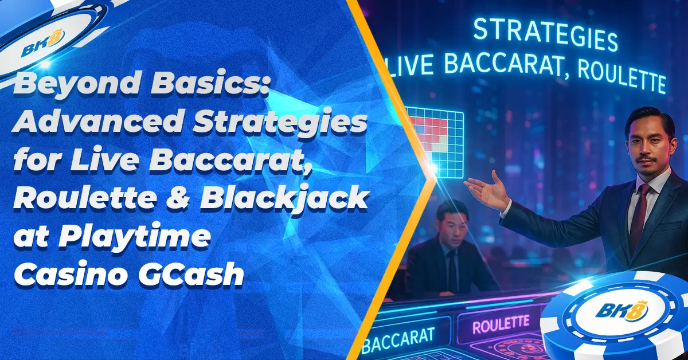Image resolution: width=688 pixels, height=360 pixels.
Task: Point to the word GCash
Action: (x=190, y=273)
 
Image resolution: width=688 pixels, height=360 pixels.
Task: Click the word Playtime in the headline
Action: (x=135, y=238)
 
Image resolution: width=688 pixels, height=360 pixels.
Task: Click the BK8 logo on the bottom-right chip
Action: (x=621, y=311)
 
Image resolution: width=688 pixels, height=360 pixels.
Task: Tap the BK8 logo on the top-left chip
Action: (x=43, y=42)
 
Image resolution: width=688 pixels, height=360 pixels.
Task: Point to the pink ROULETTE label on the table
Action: (x=501, y=324)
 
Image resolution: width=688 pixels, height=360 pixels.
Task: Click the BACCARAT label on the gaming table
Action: (x=398, y=340)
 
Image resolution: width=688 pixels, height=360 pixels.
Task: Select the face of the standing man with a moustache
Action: (x=650, y=148)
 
